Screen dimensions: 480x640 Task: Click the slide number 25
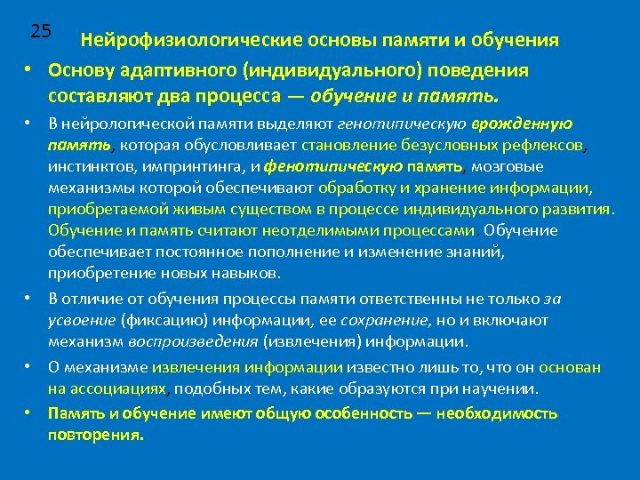40,30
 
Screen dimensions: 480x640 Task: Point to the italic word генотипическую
394,124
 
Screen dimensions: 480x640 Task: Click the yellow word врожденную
521,124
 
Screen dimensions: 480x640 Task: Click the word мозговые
508,166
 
